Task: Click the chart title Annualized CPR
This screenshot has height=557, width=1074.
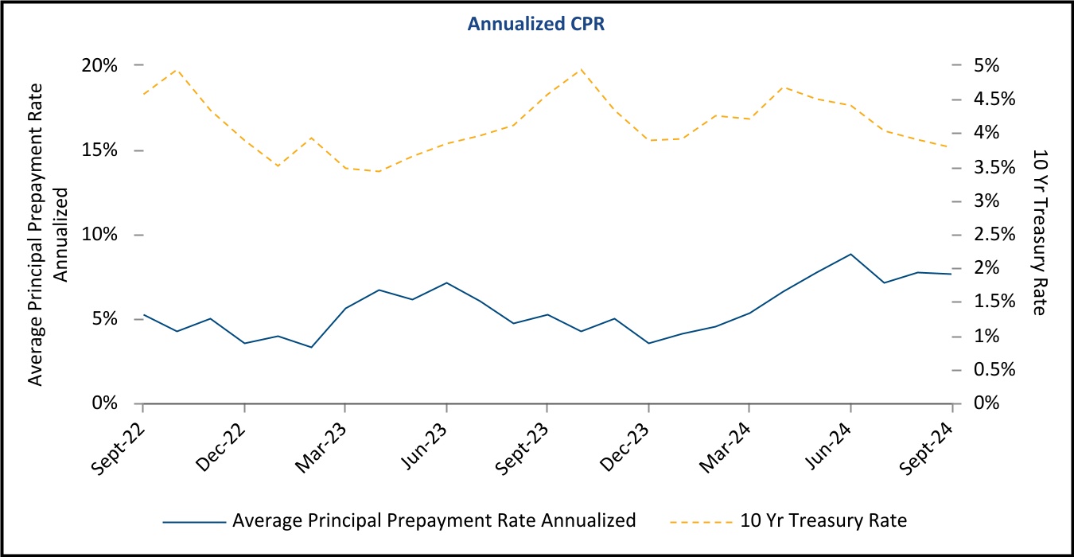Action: click(537, 24)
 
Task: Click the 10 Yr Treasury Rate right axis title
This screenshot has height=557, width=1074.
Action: click(1038, 231)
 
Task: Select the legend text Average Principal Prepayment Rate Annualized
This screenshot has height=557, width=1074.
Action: click(434, 521)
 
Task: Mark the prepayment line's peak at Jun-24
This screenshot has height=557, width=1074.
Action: click(851, 254)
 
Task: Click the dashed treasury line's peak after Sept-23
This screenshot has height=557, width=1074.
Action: click(581, 68)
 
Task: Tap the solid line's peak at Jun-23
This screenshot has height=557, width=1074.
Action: click(446, 282)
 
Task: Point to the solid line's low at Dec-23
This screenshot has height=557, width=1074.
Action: click(649, 343)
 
